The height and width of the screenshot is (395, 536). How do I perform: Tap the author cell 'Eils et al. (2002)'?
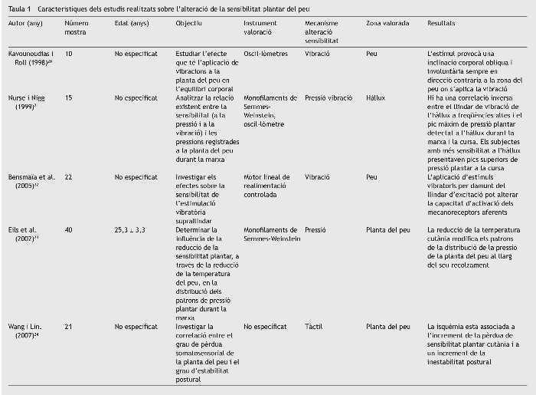(25, 234)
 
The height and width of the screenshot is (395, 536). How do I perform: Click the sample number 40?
(69, 229)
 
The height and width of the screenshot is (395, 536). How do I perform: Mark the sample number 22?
(69, 176)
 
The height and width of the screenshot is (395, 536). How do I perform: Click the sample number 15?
(69, 98)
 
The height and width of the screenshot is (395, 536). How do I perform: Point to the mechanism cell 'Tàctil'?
(314, 327)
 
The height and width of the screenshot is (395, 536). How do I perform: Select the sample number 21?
(69, 327)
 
